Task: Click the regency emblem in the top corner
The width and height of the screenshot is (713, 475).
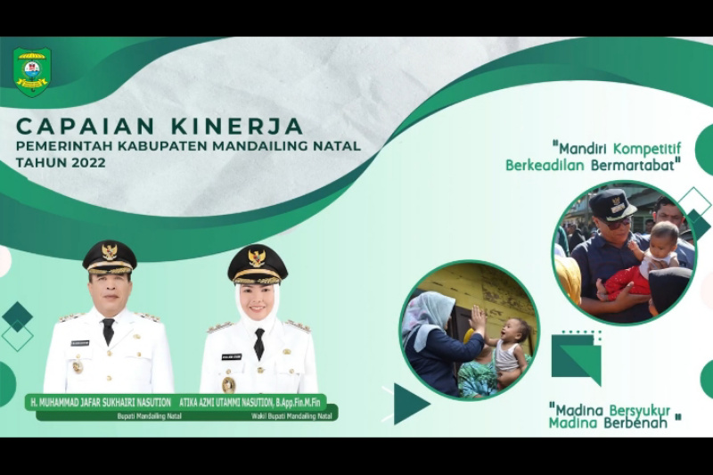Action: [x=32, y=71]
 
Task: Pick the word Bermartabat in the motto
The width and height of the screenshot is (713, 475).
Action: [x=638, y=165]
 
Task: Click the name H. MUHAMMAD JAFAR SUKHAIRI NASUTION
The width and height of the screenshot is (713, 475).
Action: [x=99, y=402]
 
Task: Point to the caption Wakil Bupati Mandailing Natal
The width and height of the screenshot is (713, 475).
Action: [x=291, y=415]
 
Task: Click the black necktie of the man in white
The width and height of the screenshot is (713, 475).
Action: [x=108, y=331]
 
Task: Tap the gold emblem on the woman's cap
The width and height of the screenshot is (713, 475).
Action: [x=257, y=258]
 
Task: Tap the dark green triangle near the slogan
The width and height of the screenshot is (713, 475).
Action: [x=409, y=403]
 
